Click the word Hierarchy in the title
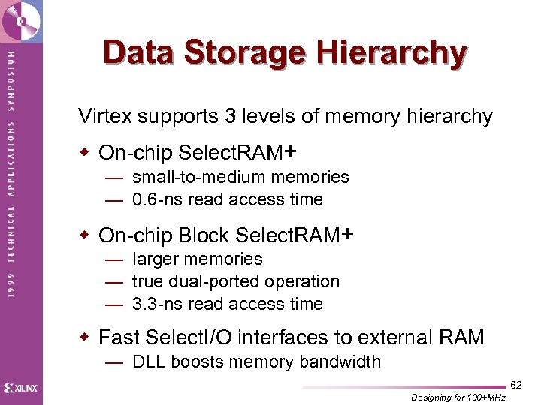(x=391, y=53)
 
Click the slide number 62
(x=516, y=385)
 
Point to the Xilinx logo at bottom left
(x=21, y=388)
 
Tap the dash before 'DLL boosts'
(x=114, y=361)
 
